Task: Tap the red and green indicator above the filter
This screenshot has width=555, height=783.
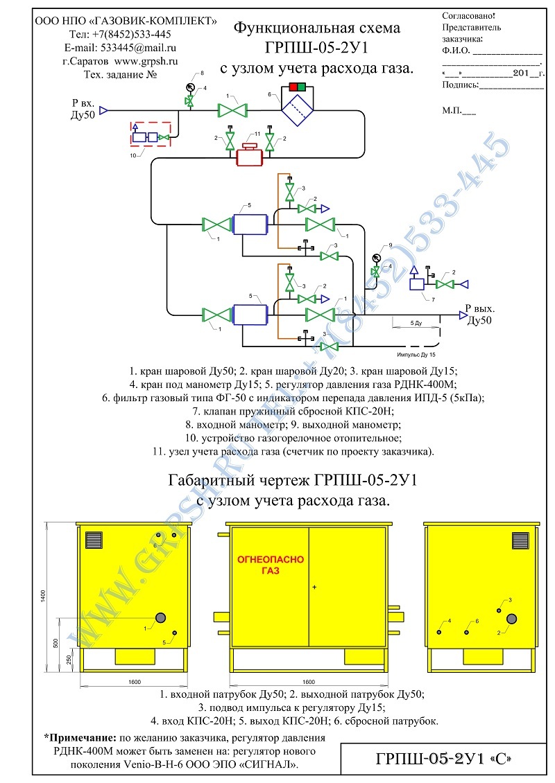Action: click(x=298, y=87)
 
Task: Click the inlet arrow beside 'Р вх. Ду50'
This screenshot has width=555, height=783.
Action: click(x=103, y=110)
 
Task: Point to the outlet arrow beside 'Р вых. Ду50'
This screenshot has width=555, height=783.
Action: click(x=463, y=315)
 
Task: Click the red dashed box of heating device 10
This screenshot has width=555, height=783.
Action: click(x=151, y=134)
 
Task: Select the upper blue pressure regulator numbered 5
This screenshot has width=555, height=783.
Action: click(x=250, y=225)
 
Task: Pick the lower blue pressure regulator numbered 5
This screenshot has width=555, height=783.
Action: click(x=250, y=315)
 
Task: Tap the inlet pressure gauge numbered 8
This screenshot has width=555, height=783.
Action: click(x=190, y=87)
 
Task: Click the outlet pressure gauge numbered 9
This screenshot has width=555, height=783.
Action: click(x=376, y=258)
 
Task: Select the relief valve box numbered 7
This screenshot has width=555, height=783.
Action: click(x=416, y=283)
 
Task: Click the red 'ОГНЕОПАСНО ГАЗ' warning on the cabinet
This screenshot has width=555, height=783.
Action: click(x=271, y=565)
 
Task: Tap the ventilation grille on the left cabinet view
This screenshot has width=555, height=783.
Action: click(x=94, y=540)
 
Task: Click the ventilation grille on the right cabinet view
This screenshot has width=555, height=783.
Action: click(x=520, y=540)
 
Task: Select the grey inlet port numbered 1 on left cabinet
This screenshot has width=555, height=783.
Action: click(x=160, y=617)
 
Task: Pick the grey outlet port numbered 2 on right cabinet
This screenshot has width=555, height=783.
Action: click(x=511, y=619)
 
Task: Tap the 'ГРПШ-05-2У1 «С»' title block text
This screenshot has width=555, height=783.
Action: click(x=444, y=759)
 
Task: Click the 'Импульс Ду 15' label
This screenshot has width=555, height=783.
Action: click(x=416, y=355)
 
